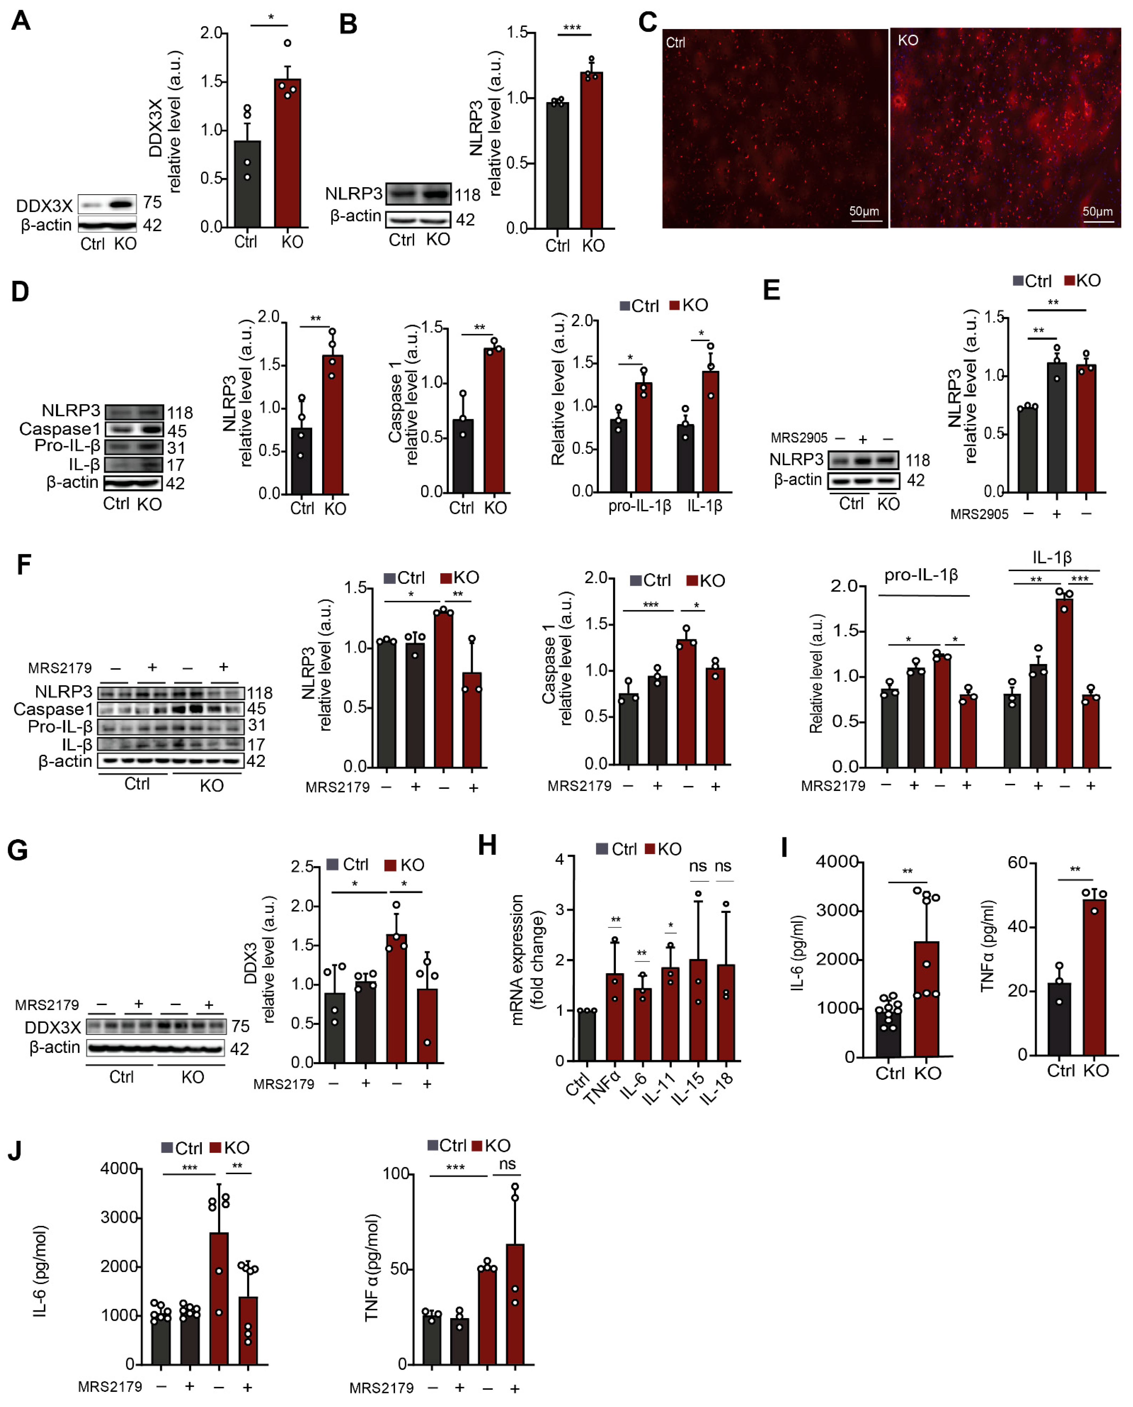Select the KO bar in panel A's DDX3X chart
tap(287, 153)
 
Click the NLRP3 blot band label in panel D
tap(71, 411)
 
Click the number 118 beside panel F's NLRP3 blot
tap(259, 692)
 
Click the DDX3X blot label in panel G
tap(52, 1028)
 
